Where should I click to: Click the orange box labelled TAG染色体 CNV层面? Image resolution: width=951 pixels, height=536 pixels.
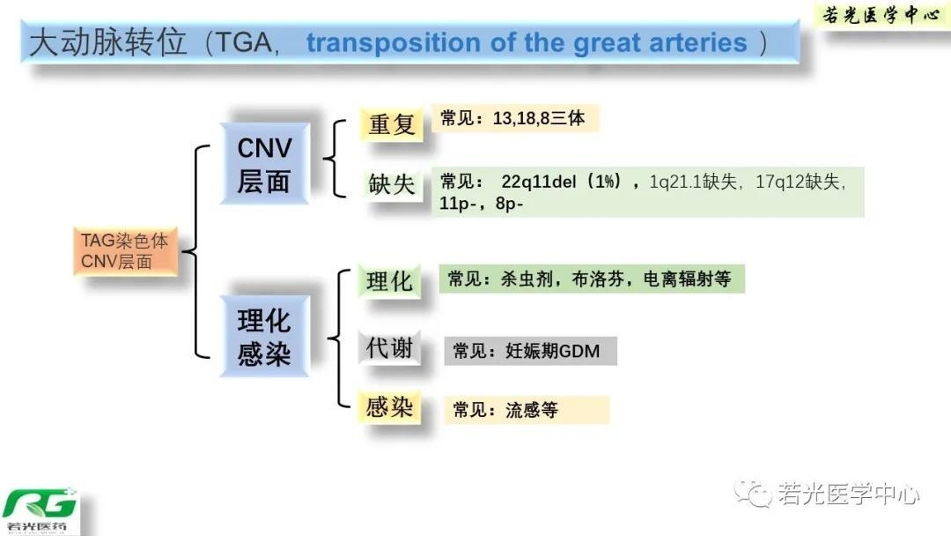(x=126, y=251)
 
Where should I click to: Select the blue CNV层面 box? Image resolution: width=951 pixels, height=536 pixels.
(x=264, y=163)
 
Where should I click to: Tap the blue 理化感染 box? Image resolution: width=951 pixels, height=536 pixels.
(x=264, y=336)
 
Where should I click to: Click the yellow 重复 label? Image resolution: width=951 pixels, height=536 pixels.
(x=391, y=124)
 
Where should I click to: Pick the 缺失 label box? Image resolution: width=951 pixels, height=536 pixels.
(x=391, y=183)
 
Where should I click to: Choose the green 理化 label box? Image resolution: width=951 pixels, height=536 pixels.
(x=389, y=281)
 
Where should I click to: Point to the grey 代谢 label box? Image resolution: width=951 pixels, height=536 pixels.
(x=389, y=348)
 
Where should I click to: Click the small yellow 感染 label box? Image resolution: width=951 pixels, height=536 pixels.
(x=389, y=406)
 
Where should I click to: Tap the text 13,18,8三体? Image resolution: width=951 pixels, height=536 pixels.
(x=539, y=118)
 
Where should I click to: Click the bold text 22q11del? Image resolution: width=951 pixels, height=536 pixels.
(x=539, y=182)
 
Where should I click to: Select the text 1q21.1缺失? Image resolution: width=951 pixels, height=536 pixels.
(x=693, y=182)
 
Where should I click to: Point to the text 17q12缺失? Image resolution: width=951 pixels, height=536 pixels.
(x=798, y=182)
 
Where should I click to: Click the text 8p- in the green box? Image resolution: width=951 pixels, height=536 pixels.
(x=509, y=204)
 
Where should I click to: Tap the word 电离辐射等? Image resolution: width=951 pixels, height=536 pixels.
(x=687, y=279)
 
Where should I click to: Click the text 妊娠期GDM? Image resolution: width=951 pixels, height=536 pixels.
(x=552, y=351)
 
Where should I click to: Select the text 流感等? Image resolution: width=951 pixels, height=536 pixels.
(x=532, y=410)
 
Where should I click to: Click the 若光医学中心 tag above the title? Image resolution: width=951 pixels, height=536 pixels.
(x=881, y=15)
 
